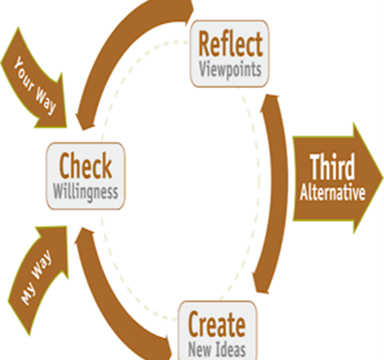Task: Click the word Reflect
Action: (231, 44)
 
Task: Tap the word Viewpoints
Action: (230, 70)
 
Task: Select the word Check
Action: (85, 166)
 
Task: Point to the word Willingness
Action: (86, 192)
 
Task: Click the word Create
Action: (217, 324)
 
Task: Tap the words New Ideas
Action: (217, 349)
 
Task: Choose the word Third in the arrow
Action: (332, 167)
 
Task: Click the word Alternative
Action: (333, 192)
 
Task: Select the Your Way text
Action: (35, 85)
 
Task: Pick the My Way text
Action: (36, 277)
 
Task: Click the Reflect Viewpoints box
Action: (229, 54)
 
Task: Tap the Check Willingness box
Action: (86, 176)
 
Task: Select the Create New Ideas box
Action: (217, 330)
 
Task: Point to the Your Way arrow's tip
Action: (66, 127)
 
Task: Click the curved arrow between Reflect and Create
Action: (277, 193)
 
